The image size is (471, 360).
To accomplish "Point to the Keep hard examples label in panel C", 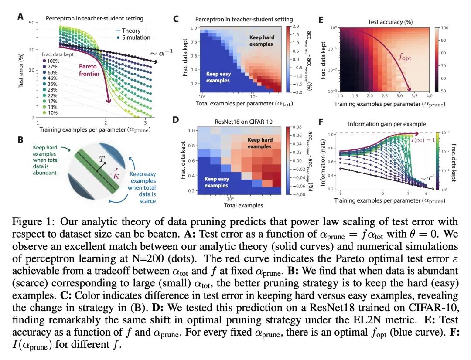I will [x=261, y=41].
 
